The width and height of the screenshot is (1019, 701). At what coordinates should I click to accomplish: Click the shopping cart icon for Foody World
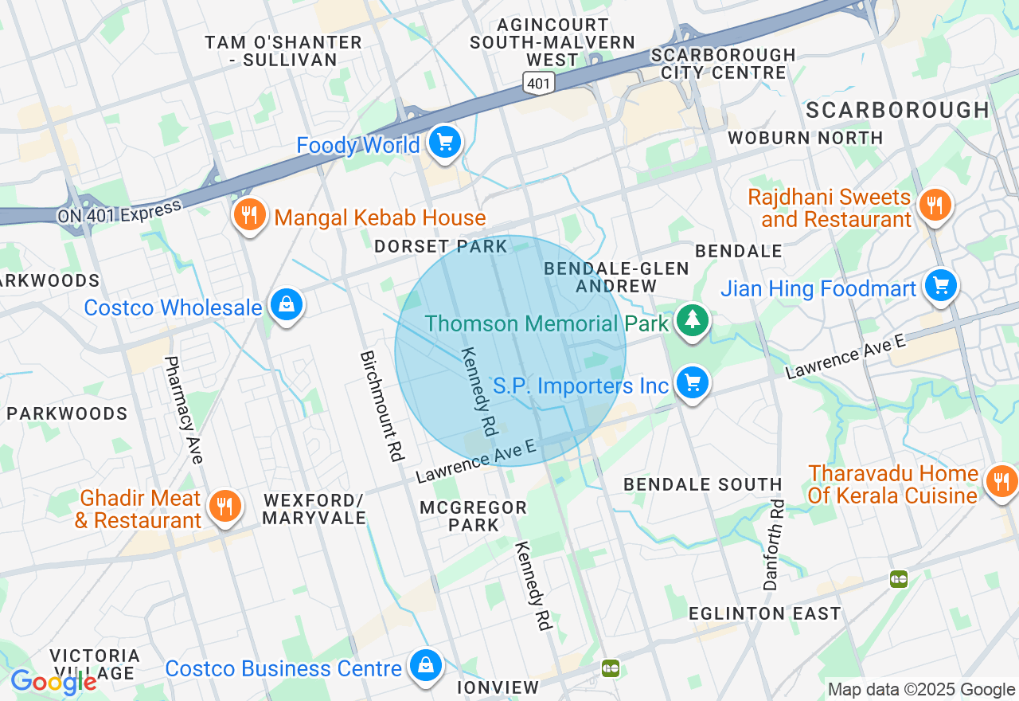coord(444,143)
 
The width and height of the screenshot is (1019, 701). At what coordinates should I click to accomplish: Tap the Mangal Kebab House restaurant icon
coord(250,215)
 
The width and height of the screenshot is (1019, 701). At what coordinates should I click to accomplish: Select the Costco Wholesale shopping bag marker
coord(286,305)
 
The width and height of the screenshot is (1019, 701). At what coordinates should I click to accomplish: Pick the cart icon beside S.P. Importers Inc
coord(693,384)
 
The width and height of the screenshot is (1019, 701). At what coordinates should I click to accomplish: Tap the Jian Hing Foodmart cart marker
coord(940,286)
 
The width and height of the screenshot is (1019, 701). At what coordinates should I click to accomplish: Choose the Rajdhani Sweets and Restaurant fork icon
coord(935,206)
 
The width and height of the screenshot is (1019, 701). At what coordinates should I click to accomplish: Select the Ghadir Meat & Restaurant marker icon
coord(225,507)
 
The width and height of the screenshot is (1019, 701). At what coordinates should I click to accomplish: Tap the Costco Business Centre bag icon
coord(426,666)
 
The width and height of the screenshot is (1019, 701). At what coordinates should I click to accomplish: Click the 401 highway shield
coord(538,80)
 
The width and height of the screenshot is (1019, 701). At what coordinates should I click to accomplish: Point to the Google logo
coord(53,681)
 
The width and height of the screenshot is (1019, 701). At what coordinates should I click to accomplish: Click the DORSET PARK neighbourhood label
coord(441,246)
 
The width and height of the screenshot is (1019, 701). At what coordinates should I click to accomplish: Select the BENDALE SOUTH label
coord(703,484)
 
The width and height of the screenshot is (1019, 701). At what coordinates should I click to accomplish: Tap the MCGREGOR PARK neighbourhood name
coord(474,516)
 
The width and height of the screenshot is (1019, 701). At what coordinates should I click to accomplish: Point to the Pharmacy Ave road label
coord(183,409)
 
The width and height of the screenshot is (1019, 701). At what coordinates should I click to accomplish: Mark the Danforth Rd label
coord(774,546)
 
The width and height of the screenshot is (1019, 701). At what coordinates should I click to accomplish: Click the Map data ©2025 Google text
coord(921,690)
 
